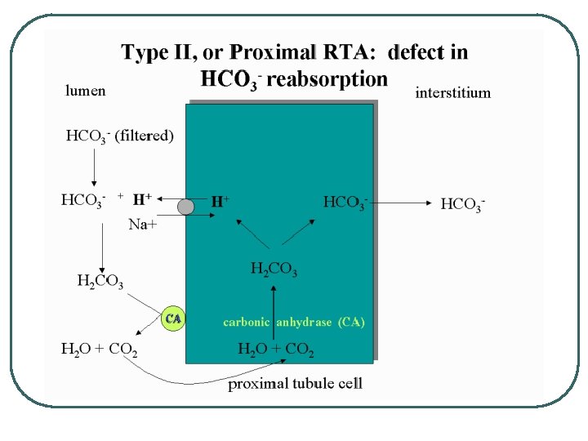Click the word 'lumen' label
point(85,91)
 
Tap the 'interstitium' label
point(453,92)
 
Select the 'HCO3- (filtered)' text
point(119,136)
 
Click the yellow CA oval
point(173,318)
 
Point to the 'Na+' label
point(143,225)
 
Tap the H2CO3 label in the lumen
point(100,283)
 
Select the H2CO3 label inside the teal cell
point(274,268)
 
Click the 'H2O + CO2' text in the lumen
point(100,350)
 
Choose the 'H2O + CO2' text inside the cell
point(275,350)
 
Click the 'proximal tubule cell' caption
point(295,383)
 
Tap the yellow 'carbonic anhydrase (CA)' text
point(294,322)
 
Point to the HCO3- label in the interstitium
point(463,203)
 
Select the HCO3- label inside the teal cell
point(345,202)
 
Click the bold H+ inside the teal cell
point(220,200)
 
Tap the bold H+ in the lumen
point(142,198)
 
